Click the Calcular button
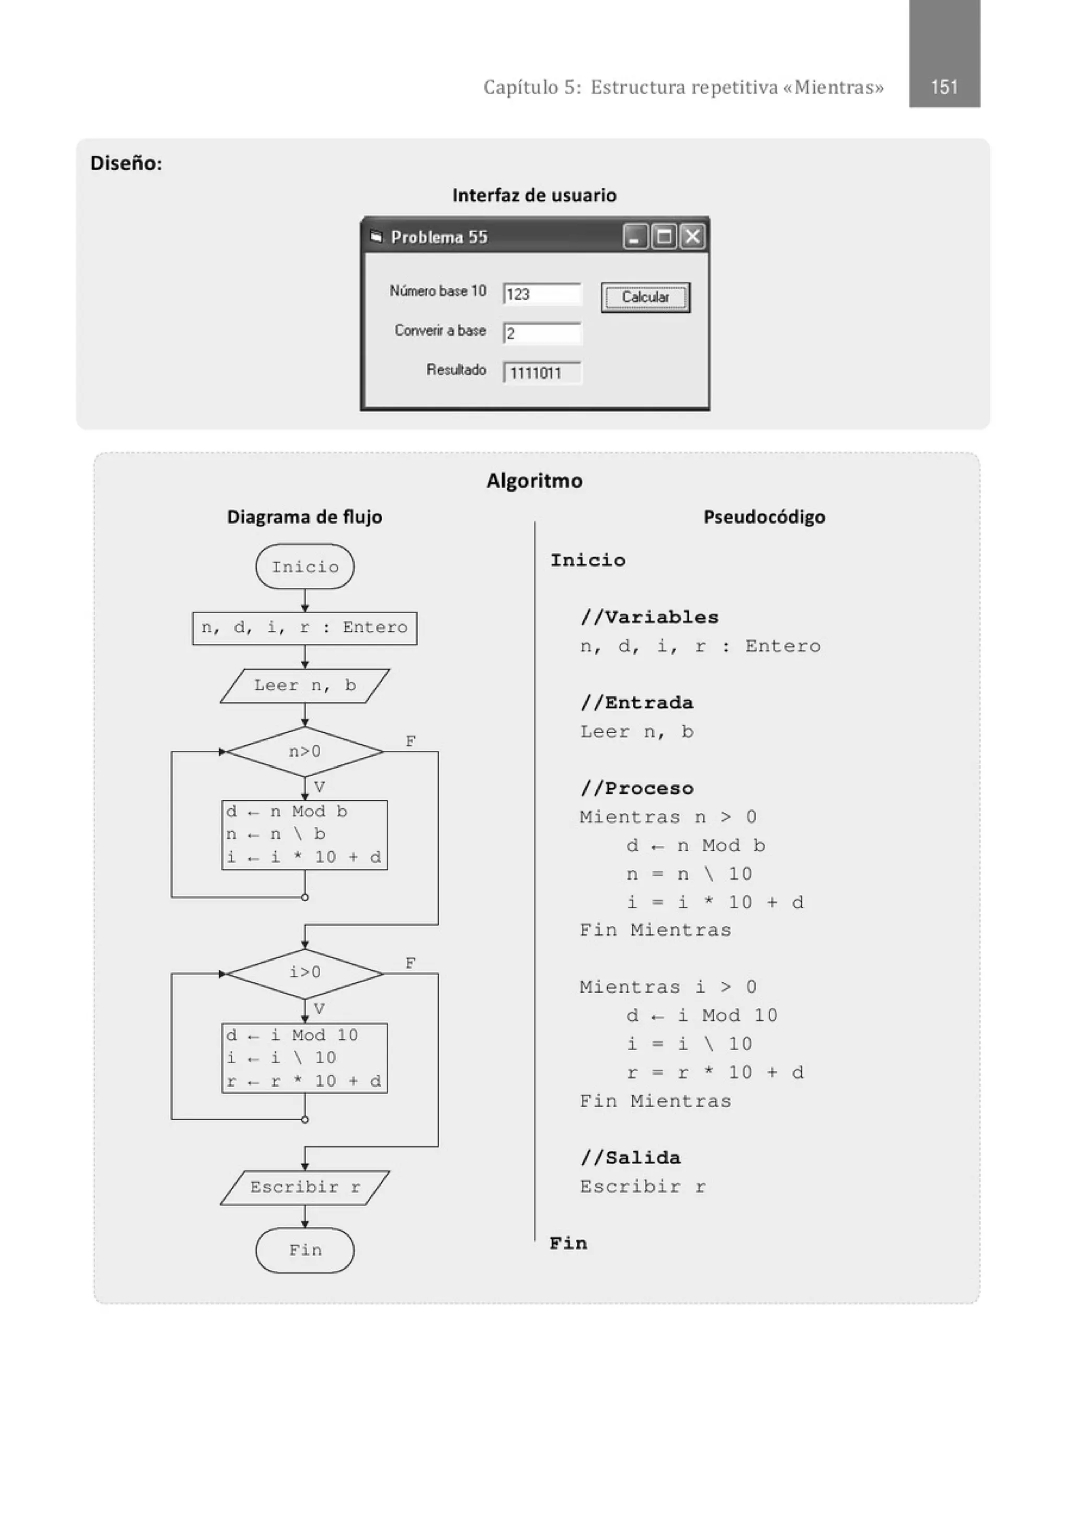pyautogui.click(x=645, y=297)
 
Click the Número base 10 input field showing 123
pyautogui.click(x=541, y=294)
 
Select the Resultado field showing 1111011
pyautogui.click(x=541, y=372)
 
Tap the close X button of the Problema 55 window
pyautogui.click(x=692, y=236)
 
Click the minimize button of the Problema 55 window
pyautogui.click(x=634, y=236)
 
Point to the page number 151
pyautogui.click(x=943, y=87)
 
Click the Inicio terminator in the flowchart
pyautogui.click(x=304, y=567)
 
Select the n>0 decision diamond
pyautogui.click(x=304, y=752)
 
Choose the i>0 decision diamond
pyautogui.click(x=304, y=973)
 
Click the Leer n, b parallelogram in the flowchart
pyautogui.click(x=304, y=686)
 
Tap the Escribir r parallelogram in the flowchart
pyautogui.click(x=304, y=1187)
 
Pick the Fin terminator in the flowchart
pyautogui.click(x=304, y=1250)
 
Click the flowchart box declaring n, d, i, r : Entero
pyautogui.click(x=304, y=628)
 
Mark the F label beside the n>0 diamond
pyautogui.click(x=411, y=741)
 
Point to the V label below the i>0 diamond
pyautogui.click(x=319, y=1008)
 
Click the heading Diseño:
pyautogui.click(x=126, y=164)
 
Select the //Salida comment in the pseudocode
pyautogui.click(x=630, y=1158)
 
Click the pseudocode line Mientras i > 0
pyautogui.click(x=668, y=987)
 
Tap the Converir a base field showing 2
pyautogui.click(x=541, y=333)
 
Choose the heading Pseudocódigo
pyautogui.click(x=764, y=517)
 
